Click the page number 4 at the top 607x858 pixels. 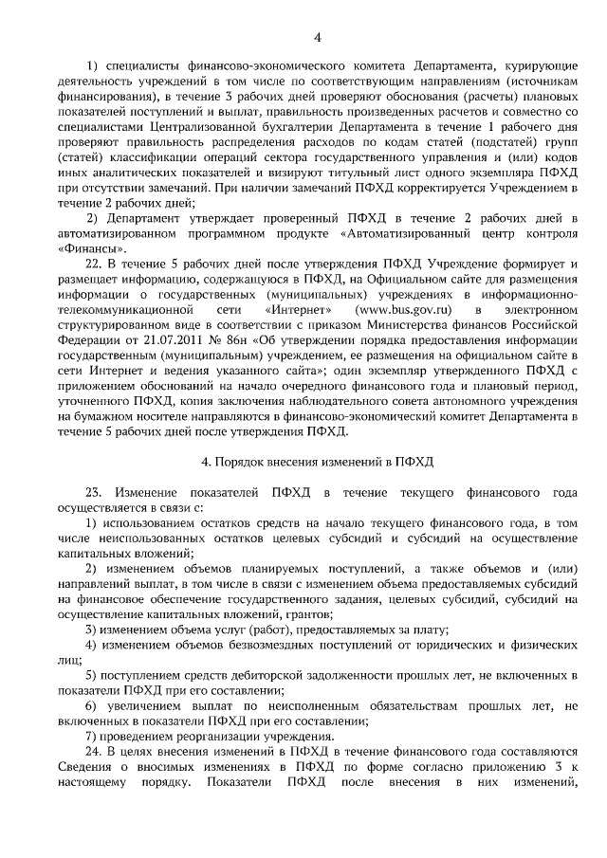point(317,37)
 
